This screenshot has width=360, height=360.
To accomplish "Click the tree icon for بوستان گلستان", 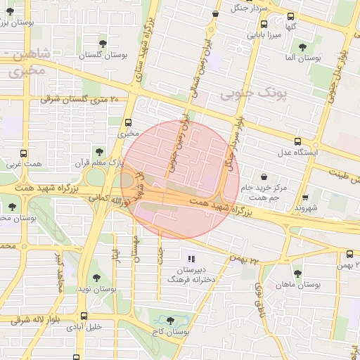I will point(103,44).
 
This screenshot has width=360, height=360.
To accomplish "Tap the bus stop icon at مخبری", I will point(129,122).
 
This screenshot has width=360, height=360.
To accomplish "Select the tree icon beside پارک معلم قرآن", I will point(98,152).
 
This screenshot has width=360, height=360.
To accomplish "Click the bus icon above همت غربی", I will point(24,153).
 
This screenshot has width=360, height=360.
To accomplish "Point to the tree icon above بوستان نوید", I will point(96,278).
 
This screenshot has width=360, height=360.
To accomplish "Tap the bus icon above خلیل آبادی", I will point(85,316).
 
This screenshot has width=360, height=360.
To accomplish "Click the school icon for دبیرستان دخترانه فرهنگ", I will point(192,259).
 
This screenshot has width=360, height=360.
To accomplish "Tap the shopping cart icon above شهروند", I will point(305,198).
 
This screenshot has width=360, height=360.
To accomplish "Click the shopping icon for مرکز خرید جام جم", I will point(264,177).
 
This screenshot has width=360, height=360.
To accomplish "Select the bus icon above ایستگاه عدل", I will point(297,141).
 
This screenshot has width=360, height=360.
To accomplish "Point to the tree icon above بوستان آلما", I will point(302,48).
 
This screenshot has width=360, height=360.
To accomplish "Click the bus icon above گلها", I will point(291,16).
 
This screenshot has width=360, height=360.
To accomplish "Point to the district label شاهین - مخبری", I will point(25,62).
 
